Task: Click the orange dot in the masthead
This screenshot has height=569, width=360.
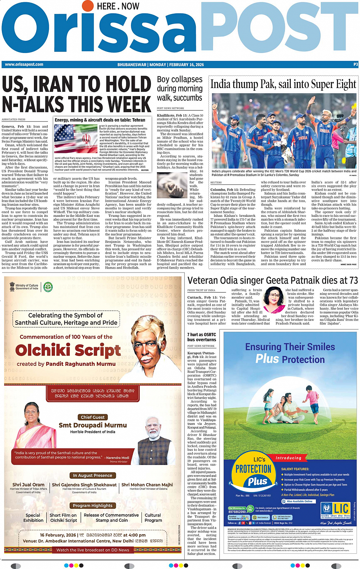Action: pos(87,5)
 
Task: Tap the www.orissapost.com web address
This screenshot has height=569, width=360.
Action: pos(24,64)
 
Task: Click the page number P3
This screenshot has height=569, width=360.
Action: pos(355,65)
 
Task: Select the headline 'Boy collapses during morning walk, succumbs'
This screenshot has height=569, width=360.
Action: pos(179,89)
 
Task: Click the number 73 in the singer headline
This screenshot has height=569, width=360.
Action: pos(353,280)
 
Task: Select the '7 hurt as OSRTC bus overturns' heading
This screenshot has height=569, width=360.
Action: pos(202,337)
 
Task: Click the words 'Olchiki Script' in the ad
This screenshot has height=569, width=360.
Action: pos(68,350)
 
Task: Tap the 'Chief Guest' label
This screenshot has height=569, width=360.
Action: pos(93,417)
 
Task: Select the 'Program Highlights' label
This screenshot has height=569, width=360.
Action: pos(93,505)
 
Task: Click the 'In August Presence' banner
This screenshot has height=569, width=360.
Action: pos(93,475)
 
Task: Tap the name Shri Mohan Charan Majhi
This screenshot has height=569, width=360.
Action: pos(147,485)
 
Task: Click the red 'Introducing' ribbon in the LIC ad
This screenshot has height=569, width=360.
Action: pos(288,458)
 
